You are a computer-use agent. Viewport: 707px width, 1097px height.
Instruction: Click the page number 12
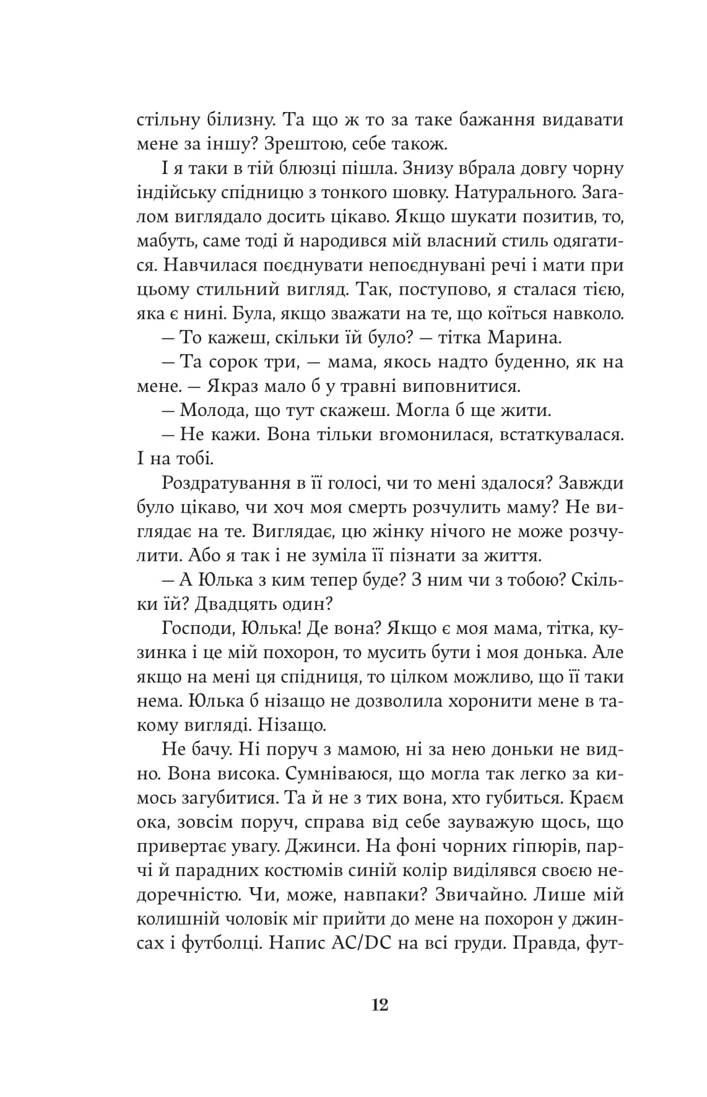pos(380,1005)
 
